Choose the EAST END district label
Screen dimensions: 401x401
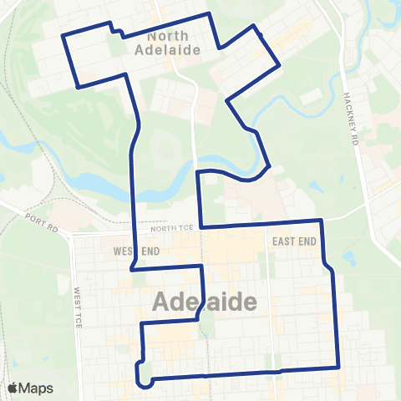pos(292,240)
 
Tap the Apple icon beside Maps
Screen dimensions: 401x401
pos(14,388)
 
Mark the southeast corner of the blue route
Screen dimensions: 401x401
pos(338,366)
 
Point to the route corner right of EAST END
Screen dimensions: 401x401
pos(322,221)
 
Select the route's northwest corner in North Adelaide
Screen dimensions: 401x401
pos(65,35)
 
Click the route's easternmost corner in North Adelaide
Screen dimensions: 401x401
pos(280,63)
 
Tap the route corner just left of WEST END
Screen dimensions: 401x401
pos(132,269)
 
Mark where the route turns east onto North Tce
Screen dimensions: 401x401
pos(200,226)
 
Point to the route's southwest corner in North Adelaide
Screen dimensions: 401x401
pos(78,86)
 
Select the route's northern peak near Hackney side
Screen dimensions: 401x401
pos(255,26)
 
